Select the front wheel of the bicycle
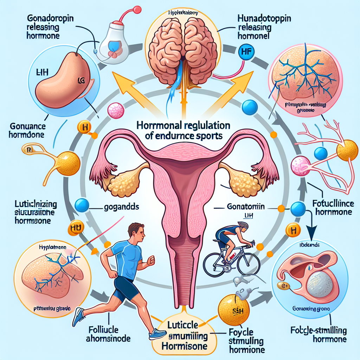point(250,262)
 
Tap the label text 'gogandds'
point(119,207)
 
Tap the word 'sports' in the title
point(207,136)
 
